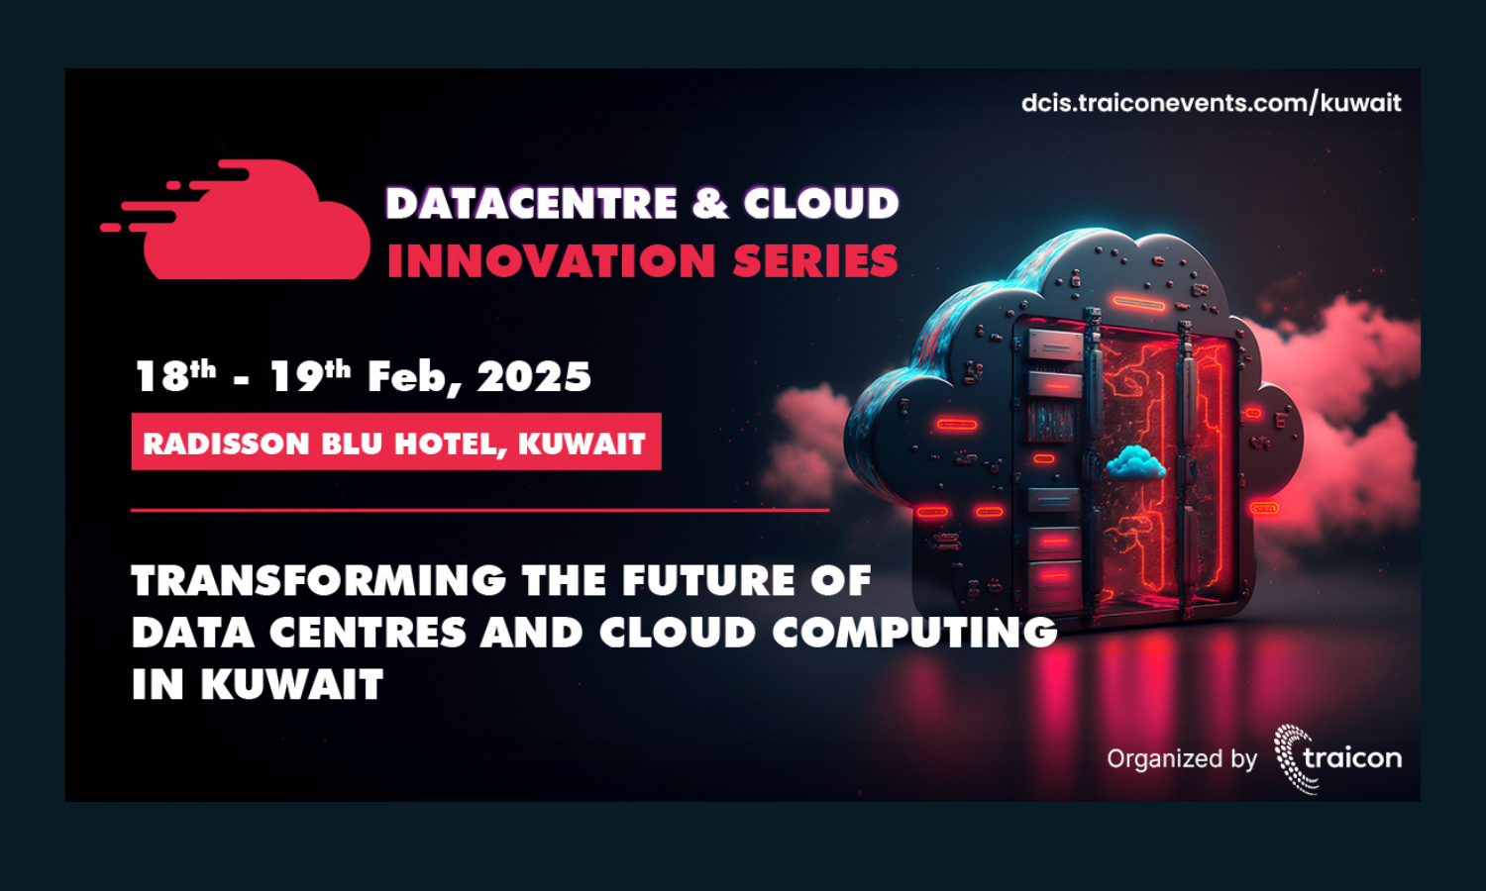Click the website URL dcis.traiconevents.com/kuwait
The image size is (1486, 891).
click(x=1212, y=103)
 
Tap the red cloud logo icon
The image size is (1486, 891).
click(x=236, y=220)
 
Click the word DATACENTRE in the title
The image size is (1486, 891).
click(x=531, y=203)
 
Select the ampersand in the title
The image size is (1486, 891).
click(x=710, y=203)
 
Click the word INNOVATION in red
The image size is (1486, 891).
click(x=552, y=259)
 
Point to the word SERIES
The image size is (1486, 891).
click(x=816, y=259)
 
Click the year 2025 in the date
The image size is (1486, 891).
click(x=534, y=377)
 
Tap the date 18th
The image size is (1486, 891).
click(x=175, y=376)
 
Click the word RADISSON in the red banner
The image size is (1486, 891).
click(x=226, y=444)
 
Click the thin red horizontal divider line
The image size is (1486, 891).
click(x=480, y=510)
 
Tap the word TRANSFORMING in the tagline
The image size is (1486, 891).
click(x=319, y=580)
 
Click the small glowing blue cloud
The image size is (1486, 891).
click(x=1135, y=462)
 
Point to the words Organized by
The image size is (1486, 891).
click(x=1182, y=758)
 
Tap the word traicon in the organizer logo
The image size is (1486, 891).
click(x=1352, y=757)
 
